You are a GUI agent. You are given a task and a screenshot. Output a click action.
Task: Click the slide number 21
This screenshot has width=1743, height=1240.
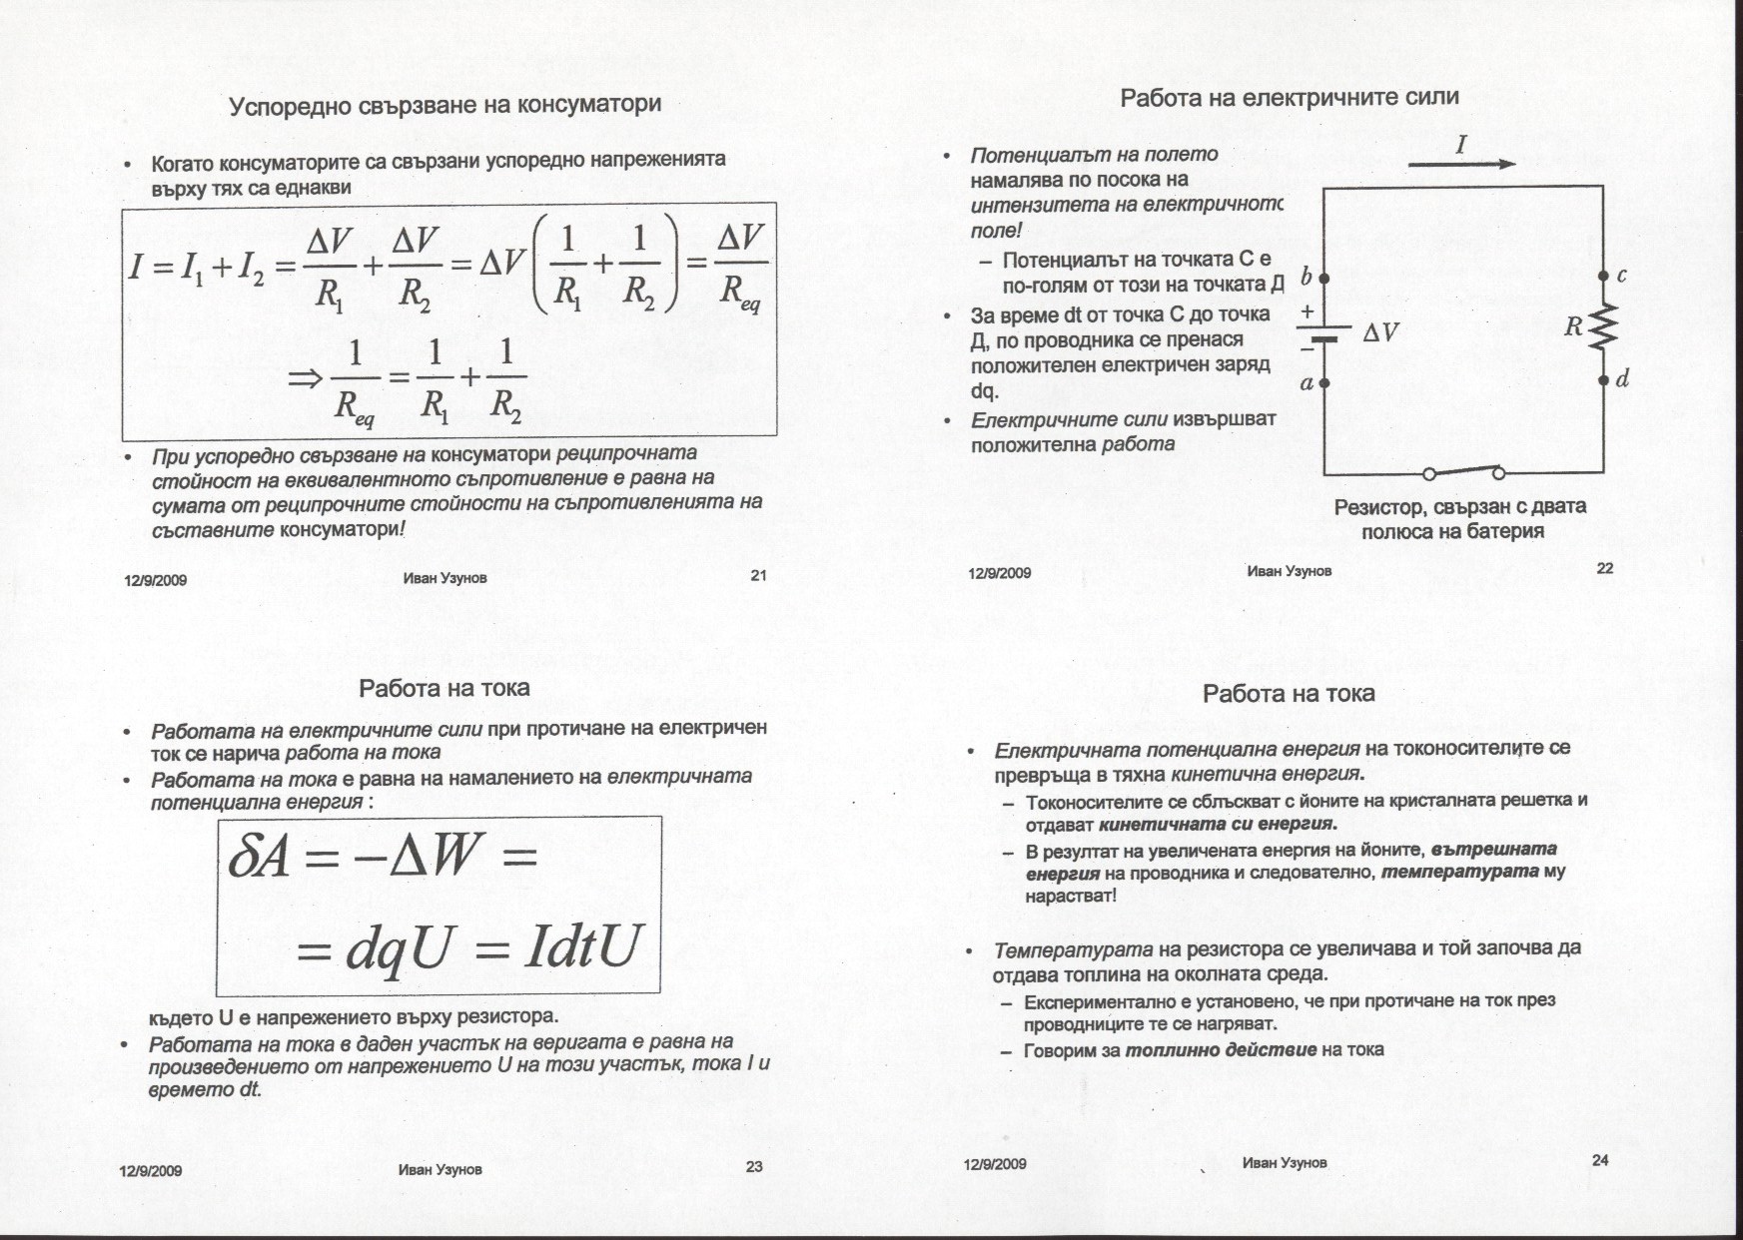click(758, 575)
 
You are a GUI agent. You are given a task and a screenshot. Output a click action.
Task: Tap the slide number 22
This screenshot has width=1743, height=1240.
click(1605, 568)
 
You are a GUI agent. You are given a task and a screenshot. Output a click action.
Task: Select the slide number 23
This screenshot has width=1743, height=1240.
click(754, 1166)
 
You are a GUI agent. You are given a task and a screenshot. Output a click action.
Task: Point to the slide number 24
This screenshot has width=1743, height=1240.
click(1600, 1159)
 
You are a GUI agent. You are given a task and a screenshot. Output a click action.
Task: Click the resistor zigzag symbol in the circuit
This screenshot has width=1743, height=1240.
click(1603, 326)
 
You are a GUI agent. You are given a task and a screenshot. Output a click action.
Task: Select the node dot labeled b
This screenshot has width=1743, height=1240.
click(1324, 277)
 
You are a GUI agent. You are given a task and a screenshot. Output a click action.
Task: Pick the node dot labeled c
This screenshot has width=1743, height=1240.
click(1603, 276)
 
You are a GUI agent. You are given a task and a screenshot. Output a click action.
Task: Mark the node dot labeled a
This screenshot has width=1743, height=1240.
click(1324, 382)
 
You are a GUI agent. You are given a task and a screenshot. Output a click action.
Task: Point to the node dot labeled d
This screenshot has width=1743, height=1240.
click(1603, 380)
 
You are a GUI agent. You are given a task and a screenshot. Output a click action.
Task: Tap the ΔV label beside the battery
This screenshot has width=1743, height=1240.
click(1380, 333)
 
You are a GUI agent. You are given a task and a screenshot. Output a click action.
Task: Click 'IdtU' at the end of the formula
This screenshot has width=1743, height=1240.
click(579, 947)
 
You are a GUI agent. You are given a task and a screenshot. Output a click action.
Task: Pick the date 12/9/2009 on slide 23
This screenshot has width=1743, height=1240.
click(151, 1171)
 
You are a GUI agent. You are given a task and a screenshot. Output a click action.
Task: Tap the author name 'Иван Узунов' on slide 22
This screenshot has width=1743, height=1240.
click(1289, 571)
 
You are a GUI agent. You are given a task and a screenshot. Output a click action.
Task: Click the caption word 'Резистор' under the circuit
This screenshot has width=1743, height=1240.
click(1379, 507)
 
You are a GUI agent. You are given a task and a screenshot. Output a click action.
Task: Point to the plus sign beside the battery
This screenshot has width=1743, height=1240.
click(1307, 311)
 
